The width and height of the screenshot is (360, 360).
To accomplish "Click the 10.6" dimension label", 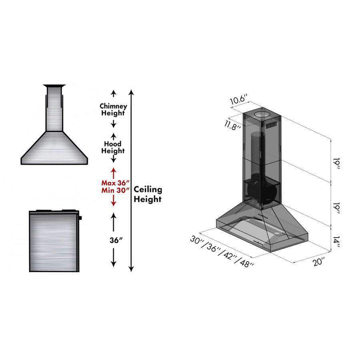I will [239, 99].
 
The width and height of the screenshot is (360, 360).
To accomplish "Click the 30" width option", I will [198, 240].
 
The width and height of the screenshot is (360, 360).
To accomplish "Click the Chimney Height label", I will [114, 110].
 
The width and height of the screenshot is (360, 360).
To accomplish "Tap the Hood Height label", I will [113, 147].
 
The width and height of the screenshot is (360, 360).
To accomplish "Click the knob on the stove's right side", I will [81, 218].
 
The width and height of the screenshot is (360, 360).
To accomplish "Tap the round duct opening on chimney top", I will [262, 116].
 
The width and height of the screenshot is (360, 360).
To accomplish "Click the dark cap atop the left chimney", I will [54, 86].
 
